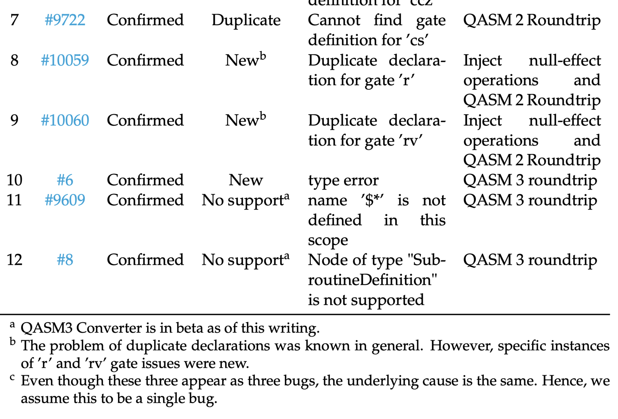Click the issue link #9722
coord(65,20)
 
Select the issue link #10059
coord(65,60)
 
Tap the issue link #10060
coord(65,120)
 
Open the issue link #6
coord(65,180)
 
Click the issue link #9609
coord(65,200)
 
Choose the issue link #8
coord(65,260)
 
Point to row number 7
coord(14,20)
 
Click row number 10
coord(14,180)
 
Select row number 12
coord(14,260)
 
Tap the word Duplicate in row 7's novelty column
coord(246,20)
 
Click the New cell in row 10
coord(246,180)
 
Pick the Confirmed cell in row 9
coord(145,120)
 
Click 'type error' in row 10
coord(343,180)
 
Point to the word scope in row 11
coord(328,240)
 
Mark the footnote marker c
coord(12,377)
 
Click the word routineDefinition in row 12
coord(372,280)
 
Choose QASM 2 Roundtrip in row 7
coord(531,20)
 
